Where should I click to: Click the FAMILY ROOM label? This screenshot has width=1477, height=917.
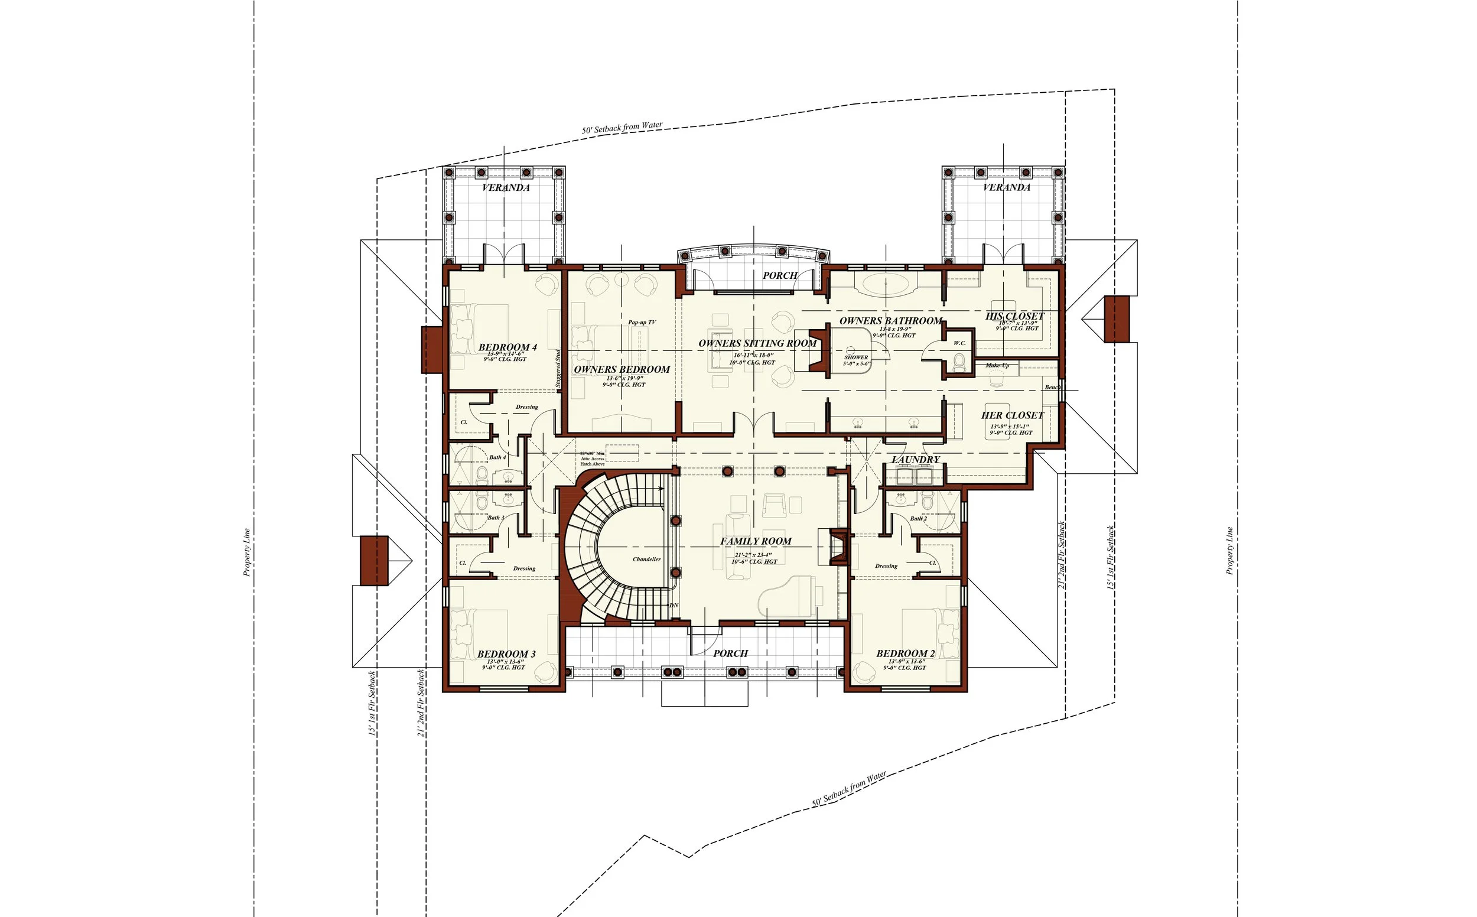[x=756, y=541]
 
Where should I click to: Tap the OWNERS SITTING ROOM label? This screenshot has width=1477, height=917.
[x=757, y=343]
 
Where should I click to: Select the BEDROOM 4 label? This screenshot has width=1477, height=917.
[x=507, y=347]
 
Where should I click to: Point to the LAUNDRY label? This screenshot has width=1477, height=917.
[x=916, y=460]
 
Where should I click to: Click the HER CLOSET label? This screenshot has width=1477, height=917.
[x=1012, y=415]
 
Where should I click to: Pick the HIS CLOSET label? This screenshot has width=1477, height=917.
[x=1014, y=316]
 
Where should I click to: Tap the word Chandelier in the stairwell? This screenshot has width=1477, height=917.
[x=646, y=559]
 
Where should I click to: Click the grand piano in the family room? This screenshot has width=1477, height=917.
[x=788, y=597]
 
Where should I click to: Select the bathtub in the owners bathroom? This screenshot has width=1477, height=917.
[x=886, y=284]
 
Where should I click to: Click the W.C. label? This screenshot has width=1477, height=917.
[x=959, y=343]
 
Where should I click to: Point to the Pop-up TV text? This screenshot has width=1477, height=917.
[x=642, y=323]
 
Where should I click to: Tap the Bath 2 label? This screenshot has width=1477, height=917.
[x=918, y=519]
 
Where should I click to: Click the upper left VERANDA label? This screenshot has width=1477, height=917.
[x=506, y=187]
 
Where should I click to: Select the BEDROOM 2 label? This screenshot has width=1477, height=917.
[x=905, y=654]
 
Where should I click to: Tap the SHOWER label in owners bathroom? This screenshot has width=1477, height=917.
[x=855, y=358]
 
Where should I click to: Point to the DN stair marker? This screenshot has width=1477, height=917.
[x=673, y=606]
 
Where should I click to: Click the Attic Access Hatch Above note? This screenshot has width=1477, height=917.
[x=593, y=459]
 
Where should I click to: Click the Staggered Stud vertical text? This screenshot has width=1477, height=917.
[x=558, y=368]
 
